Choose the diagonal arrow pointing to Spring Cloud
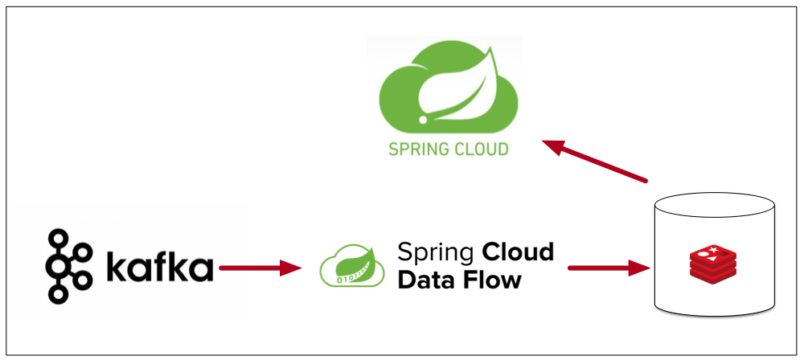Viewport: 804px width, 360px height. coord(595,161)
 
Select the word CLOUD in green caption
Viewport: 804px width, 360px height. coord(480,149)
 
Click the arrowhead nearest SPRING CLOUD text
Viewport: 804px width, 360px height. coord(553,145)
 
